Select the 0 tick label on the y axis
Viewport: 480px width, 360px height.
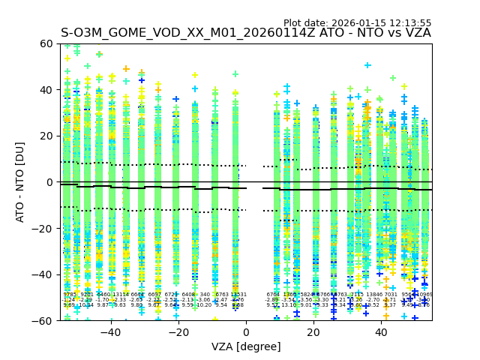[50, 182]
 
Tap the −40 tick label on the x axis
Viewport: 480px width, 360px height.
[110, 331]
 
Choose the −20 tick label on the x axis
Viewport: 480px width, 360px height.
[178, 331]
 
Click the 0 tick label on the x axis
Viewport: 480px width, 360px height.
[246, 331]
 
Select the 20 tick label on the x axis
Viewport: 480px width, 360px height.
[313, 331]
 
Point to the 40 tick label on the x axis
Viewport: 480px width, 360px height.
[381, 331]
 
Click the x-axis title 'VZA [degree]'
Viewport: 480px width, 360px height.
[246, 346]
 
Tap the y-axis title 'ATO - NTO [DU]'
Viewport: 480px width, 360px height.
[20, 182]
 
